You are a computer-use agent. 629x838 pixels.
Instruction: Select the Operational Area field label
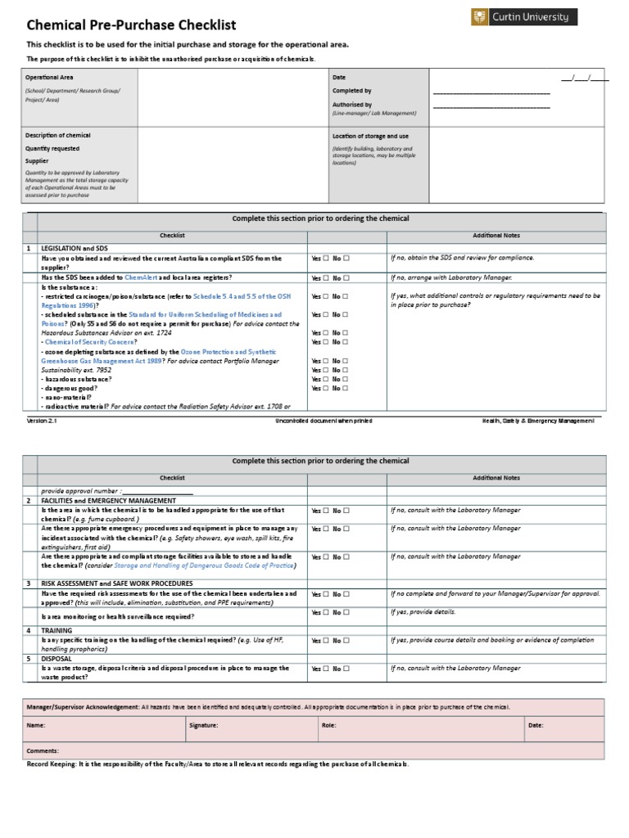(49, 77)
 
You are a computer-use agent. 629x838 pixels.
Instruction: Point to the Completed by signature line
(491, 93)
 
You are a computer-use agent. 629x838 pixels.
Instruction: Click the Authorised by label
(351, 105)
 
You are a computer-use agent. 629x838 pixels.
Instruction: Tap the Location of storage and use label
(370, 136)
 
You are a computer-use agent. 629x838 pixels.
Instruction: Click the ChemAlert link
(141, 278)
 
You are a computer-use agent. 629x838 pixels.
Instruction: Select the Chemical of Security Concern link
(90, 342)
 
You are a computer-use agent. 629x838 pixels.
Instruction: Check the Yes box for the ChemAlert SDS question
(325, 278)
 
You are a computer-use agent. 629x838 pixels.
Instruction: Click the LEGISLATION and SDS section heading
(75, 248)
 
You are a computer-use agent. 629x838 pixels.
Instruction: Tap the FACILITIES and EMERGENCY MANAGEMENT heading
(108, 500)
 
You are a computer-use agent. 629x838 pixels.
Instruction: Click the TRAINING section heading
(57, 631)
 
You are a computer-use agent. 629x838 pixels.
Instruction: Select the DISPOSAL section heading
(57, 658)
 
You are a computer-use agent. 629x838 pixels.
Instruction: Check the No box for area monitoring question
(346, 613)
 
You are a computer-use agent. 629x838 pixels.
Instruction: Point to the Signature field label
(203, 725)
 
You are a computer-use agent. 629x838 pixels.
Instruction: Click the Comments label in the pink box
(43, 750)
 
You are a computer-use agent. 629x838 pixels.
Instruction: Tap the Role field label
(329, 725)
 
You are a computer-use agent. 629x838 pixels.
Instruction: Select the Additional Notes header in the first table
(496, 236)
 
